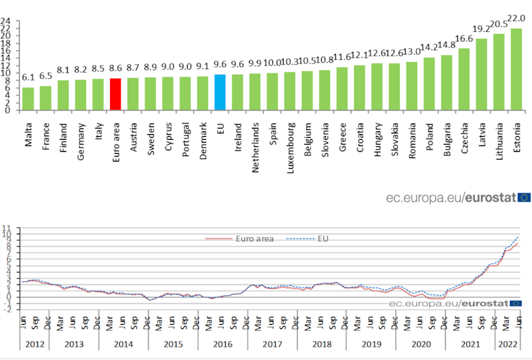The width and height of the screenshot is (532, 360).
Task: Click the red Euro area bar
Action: [116, 94]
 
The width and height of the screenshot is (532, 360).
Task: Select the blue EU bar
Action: [220, 92]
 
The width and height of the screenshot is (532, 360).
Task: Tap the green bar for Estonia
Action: [516, 69]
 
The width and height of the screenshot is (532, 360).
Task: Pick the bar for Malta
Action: [28, 99]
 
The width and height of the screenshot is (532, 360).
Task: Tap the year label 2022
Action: [507, 345]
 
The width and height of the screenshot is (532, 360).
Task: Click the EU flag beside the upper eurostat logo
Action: [524, 197]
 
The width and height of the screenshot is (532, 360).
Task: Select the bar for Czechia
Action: [464, 79]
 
